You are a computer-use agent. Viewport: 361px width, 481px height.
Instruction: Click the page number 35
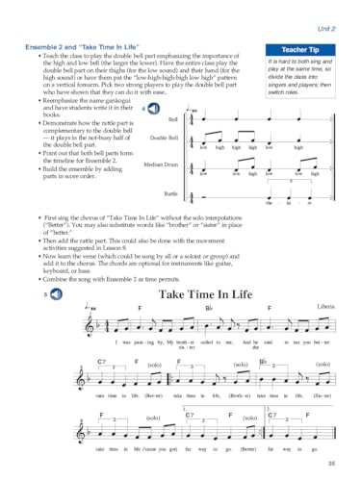[330, 467]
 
